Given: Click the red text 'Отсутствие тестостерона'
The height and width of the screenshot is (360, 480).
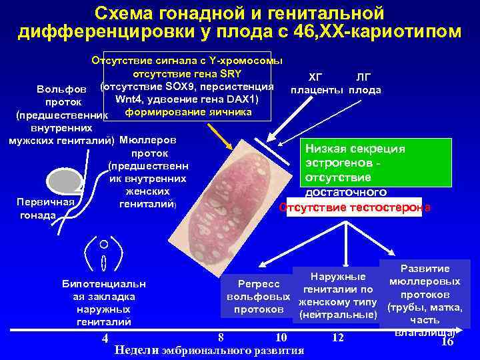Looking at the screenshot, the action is pos(355,207).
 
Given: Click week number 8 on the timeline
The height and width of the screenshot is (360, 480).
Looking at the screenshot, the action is pos(221,337).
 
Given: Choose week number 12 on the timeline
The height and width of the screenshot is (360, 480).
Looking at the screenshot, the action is pos(338,337).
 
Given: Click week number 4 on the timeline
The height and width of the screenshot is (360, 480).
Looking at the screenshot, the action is pos(105,339).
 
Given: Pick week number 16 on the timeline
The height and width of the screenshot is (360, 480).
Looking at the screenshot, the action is pos(447,341).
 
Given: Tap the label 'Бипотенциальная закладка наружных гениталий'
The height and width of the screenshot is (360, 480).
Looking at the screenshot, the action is pos(103,303).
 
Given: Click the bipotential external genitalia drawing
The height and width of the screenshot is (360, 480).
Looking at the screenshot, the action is pos(104,253).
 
